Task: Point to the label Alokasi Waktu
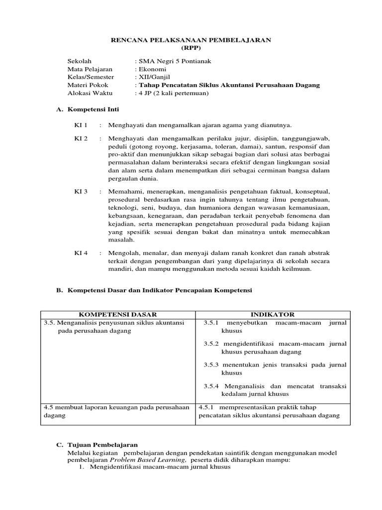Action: point(90,93)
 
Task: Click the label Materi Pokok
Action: point(88,85)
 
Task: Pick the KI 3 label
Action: point(81,191)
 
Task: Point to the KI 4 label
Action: point(81,253)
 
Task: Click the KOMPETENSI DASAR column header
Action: point(118,314)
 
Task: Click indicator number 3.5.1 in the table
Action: point(211,323)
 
